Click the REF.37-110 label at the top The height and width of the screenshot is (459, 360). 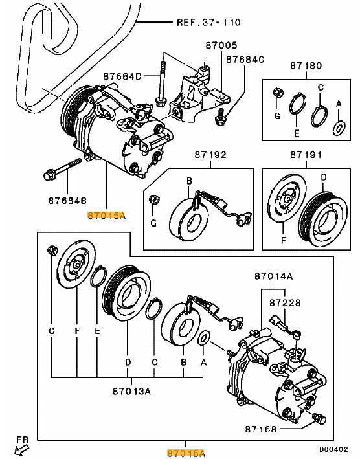tap(208, 22)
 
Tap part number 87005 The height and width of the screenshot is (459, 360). tap(221, 45)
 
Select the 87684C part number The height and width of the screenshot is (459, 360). tap(245, 60)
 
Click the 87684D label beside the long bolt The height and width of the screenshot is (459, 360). tap(122, 76)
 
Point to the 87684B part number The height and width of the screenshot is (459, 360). tap(67, 201)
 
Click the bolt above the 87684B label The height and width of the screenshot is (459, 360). tap(62, 169)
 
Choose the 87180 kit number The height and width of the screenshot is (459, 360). tap(306, 65)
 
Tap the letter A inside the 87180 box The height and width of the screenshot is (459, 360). tap(339, 104)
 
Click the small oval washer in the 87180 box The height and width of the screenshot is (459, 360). tap(339, 128)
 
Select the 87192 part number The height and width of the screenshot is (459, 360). tap(210, 155)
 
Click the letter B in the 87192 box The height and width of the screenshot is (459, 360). tap(189, 181)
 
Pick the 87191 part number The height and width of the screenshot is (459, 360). tap(306, 155)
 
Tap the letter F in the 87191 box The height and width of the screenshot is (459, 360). tap(284, 240)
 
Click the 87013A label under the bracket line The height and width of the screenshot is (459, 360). tap(131, 391)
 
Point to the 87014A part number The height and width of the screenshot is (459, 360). tap(273, 276)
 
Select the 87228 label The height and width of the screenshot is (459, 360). tap(285, 302)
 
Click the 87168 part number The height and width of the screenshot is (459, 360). tap(261, 429)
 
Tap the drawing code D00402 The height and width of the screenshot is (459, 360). tap(333, 449)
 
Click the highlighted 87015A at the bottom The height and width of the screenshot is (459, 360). tap(186, 453)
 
